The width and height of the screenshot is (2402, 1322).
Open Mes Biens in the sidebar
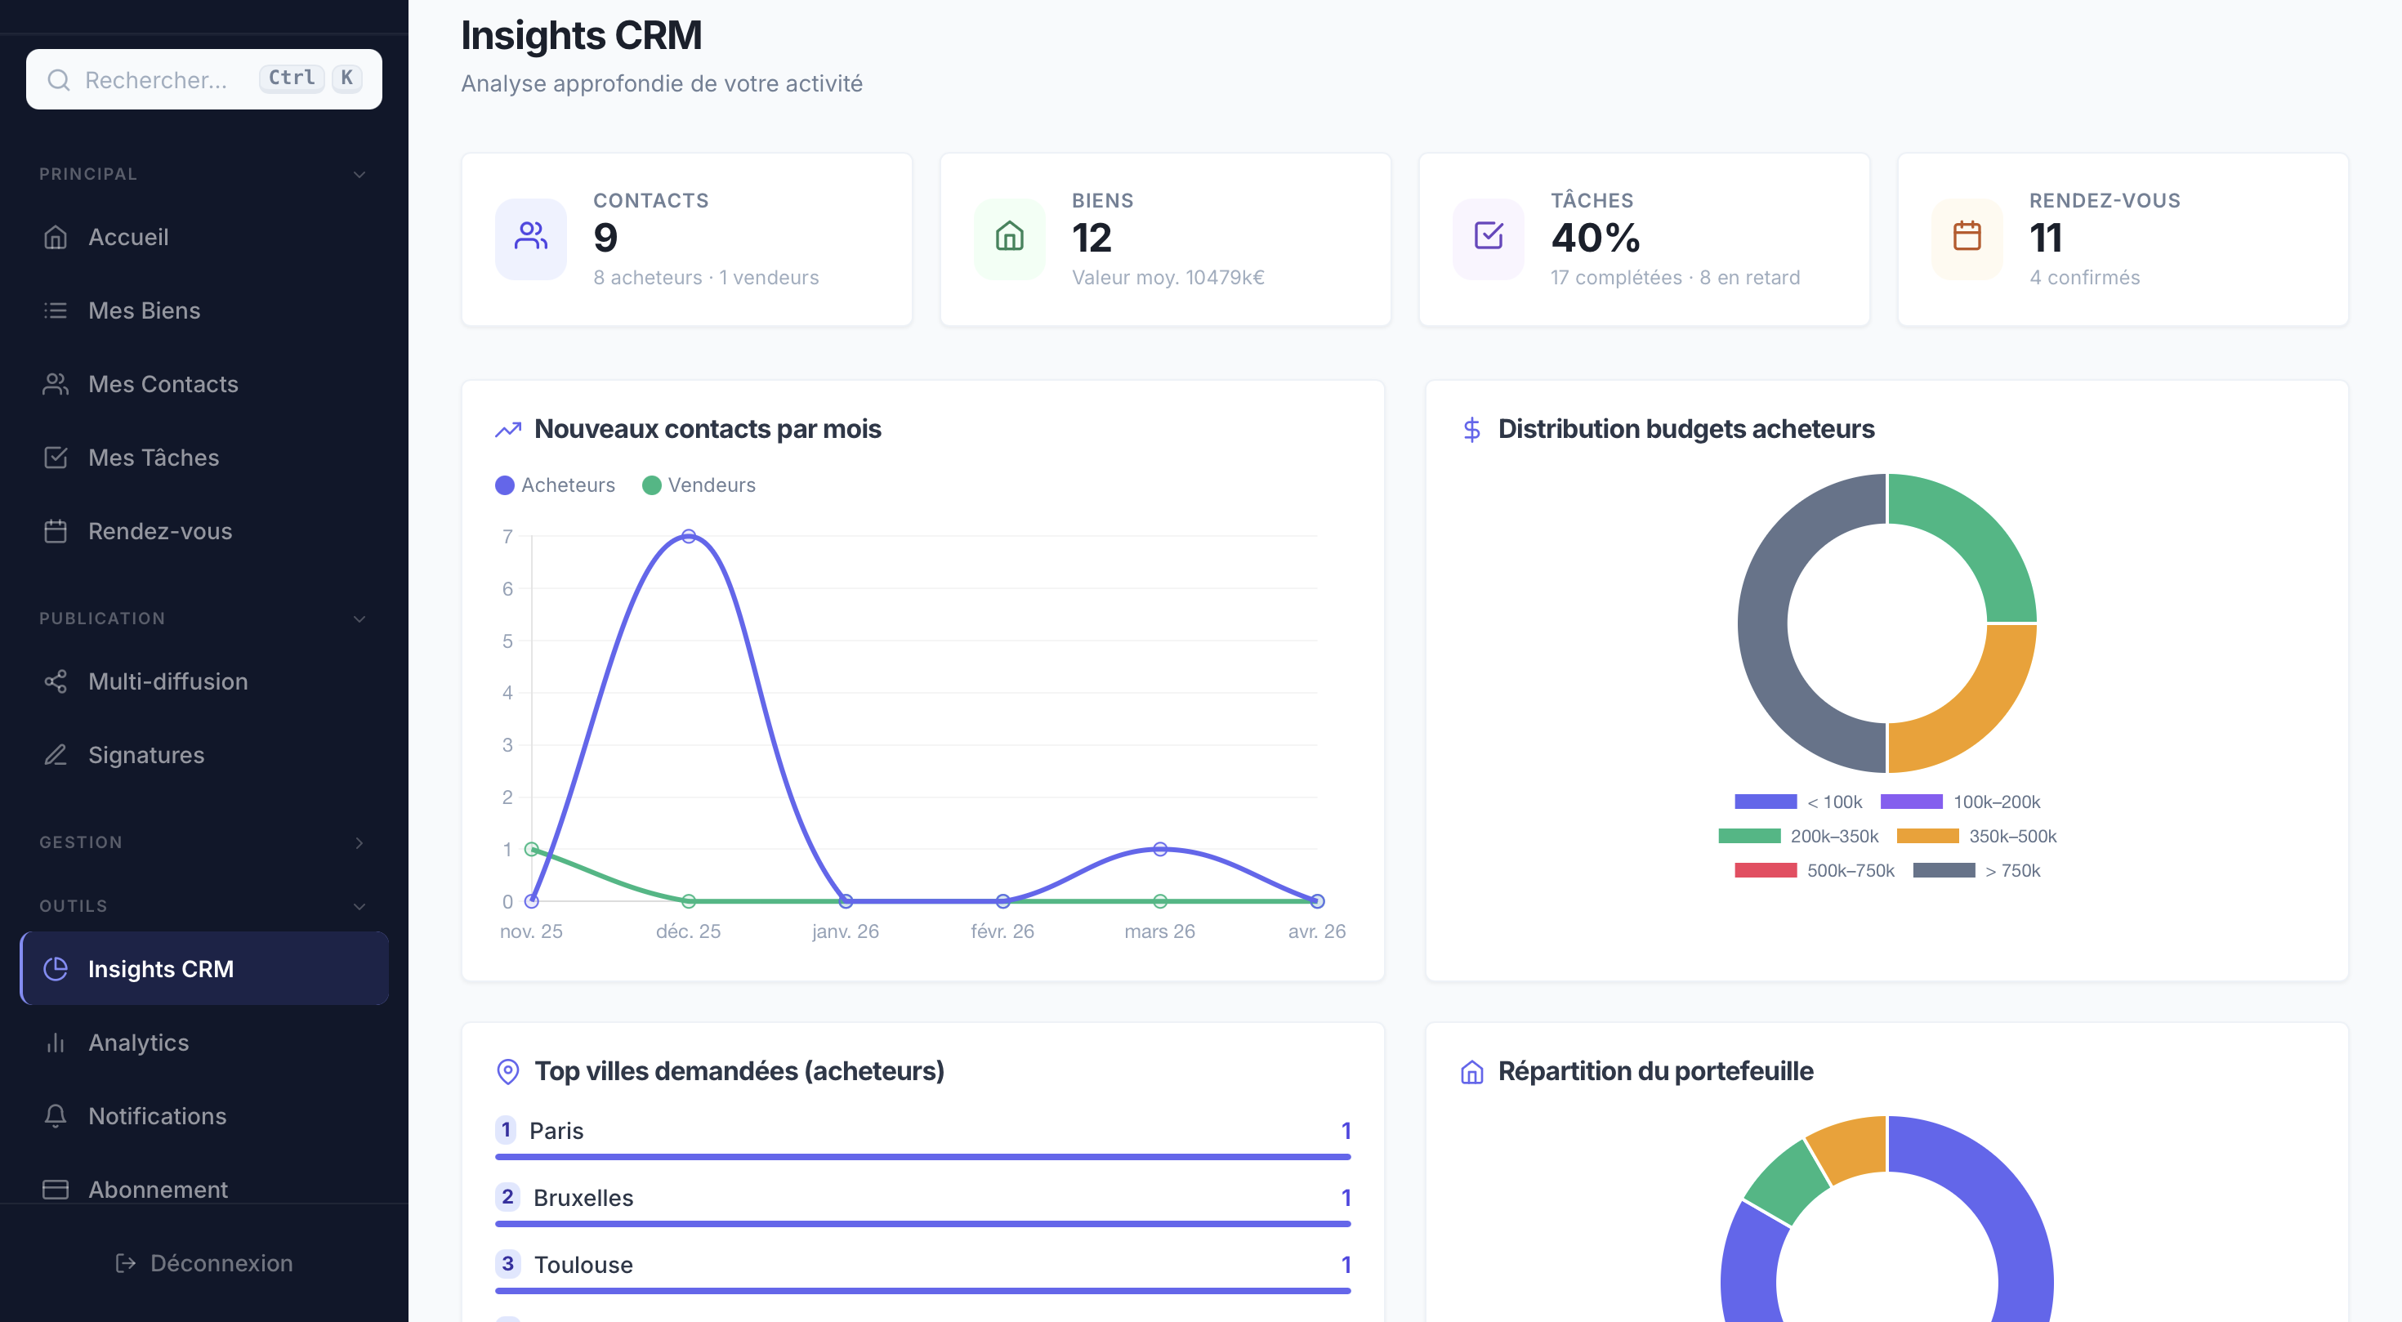(x=144, y=310)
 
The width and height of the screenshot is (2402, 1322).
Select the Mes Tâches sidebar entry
(x=153, y=458)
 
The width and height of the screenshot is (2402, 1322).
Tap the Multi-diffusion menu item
(x=167, y=681)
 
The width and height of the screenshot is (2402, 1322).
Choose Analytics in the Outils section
(x=138, y=1043)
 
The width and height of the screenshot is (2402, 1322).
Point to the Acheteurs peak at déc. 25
(x=688, y=536)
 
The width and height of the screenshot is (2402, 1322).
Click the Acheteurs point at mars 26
(x=1159, y=849)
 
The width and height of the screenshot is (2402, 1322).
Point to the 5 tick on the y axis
(x=507, y=641)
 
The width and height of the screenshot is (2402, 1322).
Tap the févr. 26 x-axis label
(x=1002, y=931)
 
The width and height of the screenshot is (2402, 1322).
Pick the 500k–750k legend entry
(x=1814, y=871)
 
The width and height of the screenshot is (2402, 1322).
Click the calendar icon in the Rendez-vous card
(x=1967, y=237)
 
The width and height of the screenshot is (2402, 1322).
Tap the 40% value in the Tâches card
(x=1595, y=238)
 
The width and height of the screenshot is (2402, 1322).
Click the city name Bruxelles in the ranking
(x=583, y=1198)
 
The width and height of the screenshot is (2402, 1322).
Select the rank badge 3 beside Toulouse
(x=507, y=1264)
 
